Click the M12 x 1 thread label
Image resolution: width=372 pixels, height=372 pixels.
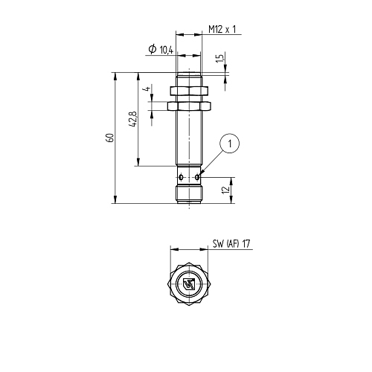point(222,30)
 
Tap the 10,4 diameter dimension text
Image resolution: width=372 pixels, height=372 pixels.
point(166,50)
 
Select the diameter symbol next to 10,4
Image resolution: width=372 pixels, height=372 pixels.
point(153,49)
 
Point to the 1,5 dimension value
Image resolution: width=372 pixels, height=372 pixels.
point(220,58)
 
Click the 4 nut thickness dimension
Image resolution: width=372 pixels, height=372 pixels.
point(147,89)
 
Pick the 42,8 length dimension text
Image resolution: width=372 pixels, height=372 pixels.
point(133,119)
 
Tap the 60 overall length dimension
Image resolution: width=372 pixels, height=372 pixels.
point(110,138)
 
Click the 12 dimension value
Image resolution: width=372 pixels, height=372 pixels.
point(226,190)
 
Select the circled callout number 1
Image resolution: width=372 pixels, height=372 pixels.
point(229,144)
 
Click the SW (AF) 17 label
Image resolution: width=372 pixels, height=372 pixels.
point(231,243)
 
